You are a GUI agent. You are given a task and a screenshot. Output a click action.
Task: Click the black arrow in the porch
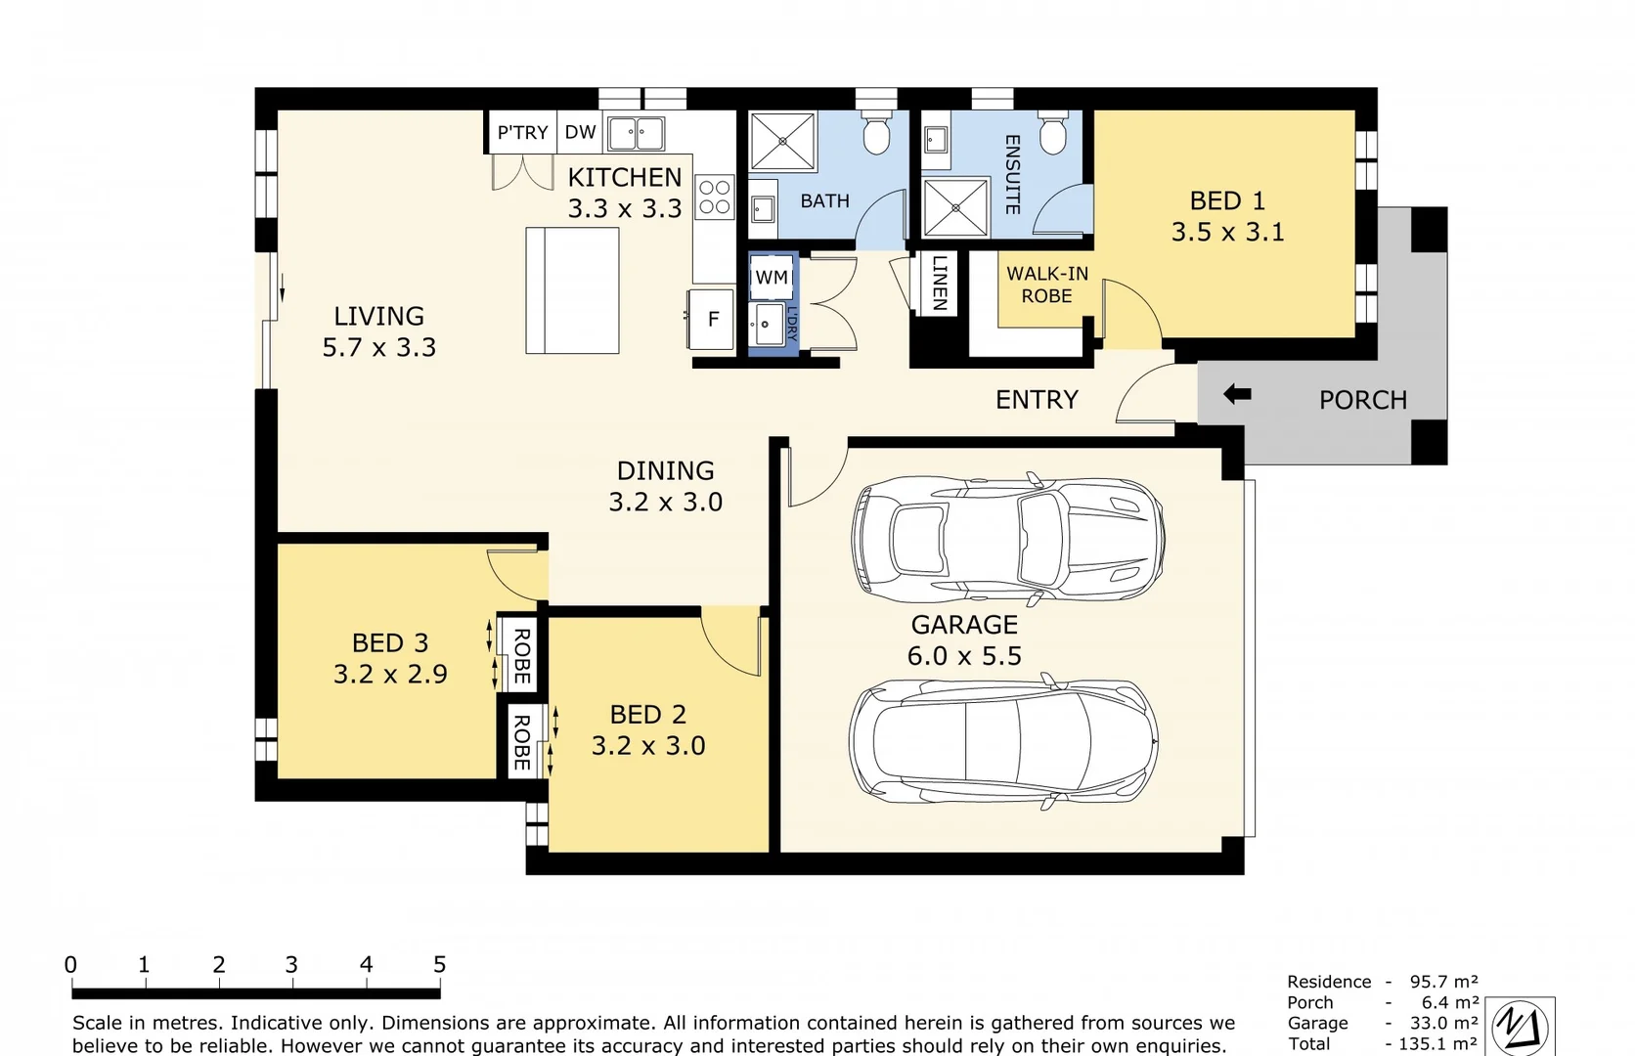coord(1237,395)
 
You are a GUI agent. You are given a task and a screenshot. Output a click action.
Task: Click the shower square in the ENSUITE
coord(955,207)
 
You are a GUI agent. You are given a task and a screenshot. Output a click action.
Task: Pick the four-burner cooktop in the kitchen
coord(714,197)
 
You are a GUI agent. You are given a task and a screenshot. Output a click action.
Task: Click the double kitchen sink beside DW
coord(636,133)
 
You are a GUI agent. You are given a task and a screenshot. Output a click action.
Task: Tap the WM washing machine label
coord(772,278)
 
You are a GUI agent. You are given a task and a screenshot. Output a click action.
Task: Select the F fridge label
coord(713,319)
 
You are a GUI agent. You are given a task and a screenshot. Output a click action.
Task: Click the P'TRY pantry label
coord(522,133)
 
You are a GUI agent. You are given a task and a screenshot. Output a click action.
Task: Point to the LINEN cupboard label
coord(939,283)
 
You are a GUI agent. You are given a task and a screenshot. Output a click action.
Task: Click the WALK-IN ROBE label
coord(1046,285)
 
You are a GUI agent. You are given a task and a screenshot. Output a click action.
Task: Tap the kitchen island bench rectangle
coord(572,290)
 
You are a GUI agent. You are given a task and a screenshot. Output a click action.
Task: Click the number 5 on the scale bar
coord(439,965)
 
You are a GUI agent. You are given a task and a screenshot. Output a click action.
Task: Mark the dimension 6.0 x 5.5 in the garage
coord(964,656)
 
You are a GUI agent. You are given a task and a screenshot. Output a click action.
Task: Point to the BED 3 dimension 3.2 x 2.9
coord(390,674)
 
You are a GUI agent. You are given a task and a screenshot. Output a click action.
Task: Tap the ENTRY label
coord(1037,400)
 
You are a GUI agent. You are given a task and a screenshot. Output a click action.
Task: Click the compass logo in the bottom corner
coord(1521,1027)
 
